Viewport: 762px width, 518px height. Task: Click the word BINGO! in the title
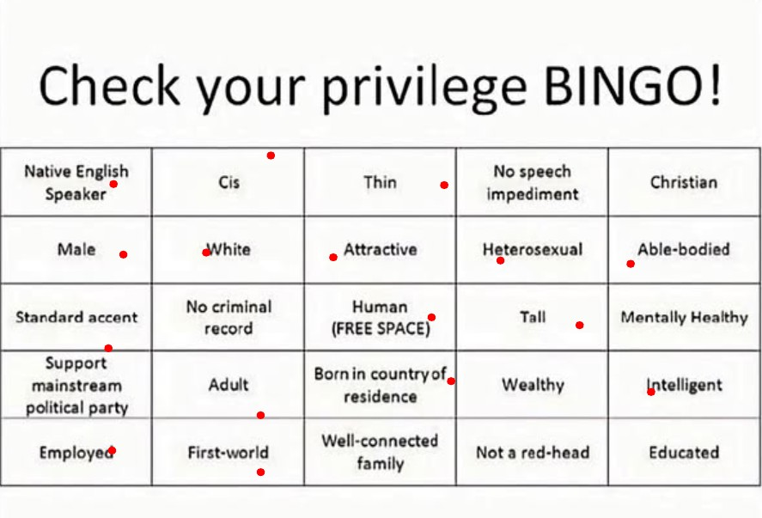click(631, 85)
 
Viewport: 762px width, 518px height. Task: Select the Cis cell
click(229, 182)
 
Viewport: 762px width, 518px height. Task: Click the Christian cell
click(684, 182)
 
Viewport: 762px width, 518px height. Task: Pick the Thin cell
click(380, 182)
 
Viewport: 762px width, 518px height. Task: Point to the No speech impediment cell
click(532, 182)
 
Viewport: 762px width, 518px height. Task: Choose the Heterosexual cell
click(532, 250)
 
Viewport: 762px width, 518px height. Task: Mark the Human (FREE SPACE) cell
click(380, 317)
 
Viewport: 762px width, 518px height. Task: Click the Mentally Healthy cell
click(684, 317)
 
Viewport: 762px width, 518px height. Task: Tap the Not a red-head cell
click(532, 452)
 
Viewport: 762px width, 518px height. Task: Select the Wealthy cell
click(532, 384)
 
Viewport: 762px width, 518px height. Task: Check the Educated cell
click(684, 452)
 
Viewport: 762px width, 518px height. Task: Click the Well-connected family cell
click(380, 452)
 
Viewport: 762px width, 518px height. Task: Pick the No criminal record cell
click(229, 317)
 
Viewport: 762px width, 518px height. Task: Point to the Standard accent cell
click(76, 317)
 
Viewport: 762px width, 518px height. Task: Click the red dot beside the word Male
click(124, 254)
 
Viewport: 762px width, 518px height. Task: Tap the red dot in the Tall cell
click(579, 325)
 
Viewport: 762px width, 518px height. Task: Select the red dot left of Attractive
click(332, 257)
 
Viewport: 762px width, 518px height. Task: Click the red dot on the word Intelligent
click(650, 392)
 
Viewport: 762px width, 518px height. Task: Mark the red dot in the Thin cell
click(444, 186)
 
